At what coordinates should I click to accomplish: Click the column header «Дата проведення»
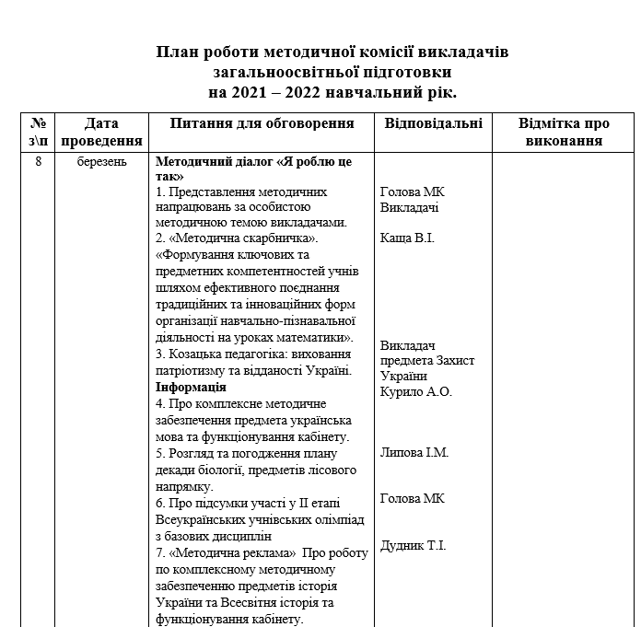(x=101, y=132)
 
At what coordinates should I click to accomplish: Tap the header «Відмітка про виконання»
(x=563, y=132)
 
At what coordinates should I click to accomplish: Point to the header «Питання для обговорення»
(x=262, y=123)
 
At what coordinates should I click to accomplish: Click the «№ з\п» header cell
(x=39, y=132)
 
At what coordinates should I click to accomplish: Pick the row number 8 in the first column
(x=38, y=161)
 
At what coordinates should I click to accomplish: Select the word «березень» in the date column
(x=101, y=161)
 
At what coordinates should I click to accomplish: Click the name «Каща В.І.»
(x=407, y=238)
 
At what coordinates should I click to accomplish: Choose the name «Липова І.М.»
(x=414, y=453)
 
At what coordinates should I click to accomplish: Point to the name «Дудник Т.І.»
(x=413, y=545)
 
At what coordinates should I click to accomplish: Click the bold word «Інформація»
(x=191, y=388)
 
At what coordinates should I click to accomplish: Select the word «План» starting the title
(x=176, y=52)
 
